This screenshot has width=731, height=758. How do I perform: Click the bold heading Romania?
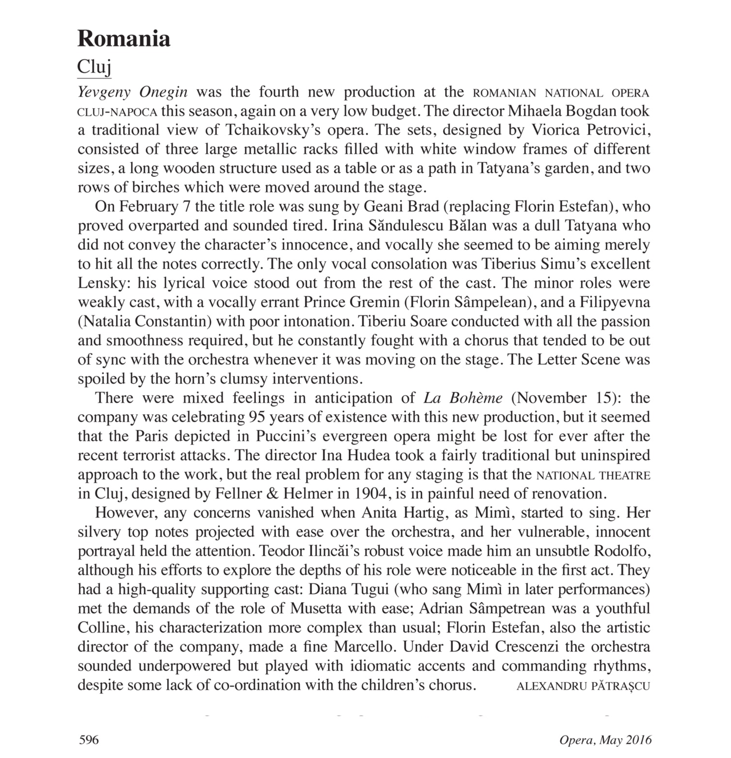(x=124, y=39)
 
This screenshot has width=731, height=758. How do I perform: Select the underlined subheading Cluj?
(x=94, y=66)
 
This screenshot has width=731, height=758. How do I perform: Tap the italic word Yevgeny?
(x=104, y=92)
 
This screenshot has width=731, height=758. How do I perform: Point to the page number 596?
(x=89, y=739)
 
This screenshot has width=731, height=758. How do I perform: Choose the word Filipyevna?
(x=615, y=302)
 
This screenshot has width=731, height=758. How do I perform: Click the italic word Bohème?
(x=476, y=398)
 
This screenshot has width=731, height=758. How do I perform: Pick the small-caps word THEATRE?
(x=624, y=475)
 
